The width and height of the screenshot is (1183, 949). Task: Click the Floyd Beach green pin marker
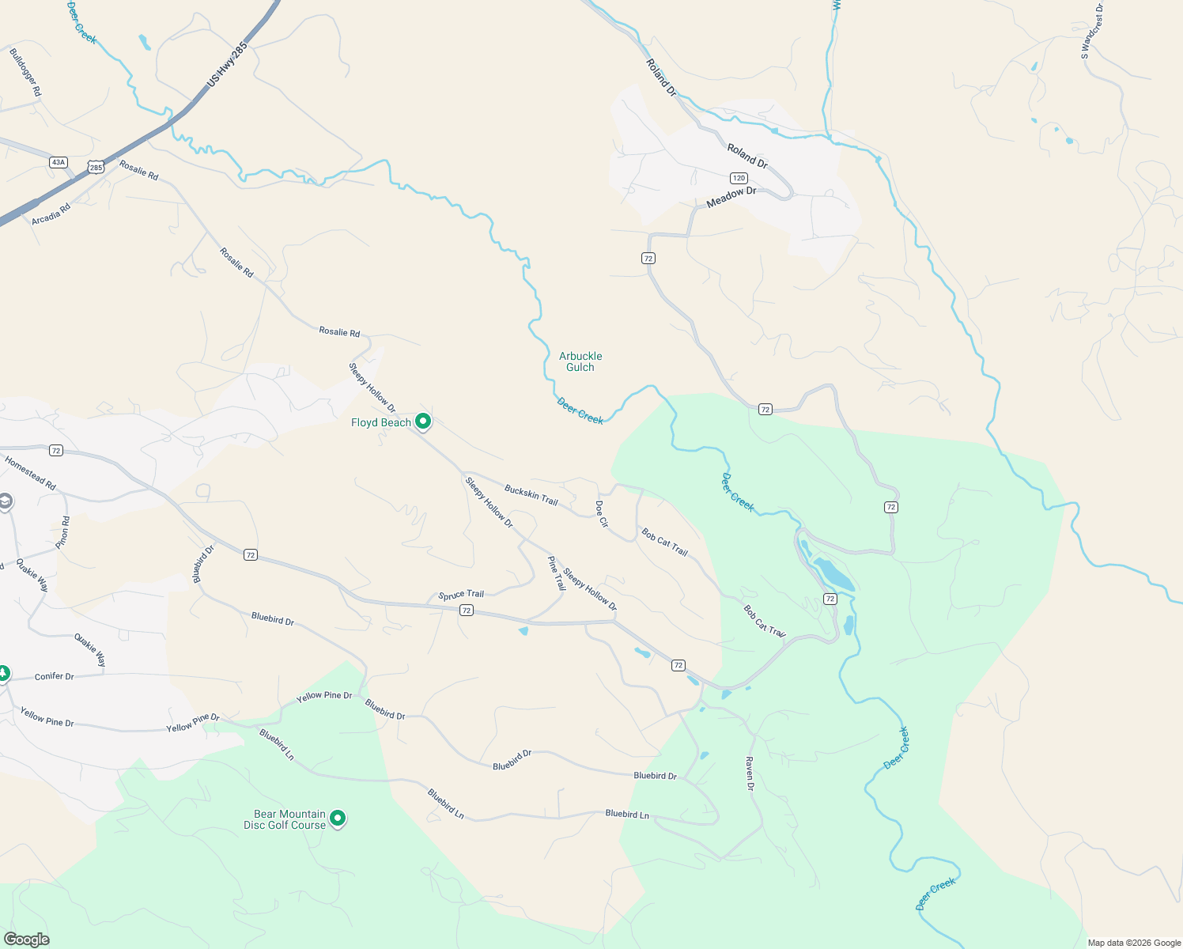coord(423,422)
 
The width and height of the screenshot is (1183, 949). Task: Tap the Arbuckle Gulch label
coord(580,361)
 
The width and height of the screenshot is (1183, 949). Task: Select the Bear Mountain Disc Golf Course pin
coord(338,819)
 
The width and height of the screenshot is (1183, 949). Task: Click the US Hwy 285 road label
coord(227,64)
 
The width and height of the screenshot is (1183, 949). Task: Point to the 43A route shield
coord(58,162)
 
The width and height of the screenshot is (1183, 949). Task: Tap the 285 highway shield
coord(96,167)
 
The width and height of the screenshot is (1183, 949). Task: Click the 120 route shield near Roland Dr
coord(739,178)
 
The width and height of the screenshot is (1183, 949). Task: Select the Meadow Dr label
coord(731,197)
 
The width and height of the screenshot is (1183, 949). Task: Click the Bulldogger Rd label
coord(25,73)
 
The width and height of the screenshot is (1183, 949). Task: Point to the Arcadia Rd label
coord(51,214)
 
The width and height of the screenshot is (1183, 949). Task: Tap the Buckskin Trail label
coord(531,496)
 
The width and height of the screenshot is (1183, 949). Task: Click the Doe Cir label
coord(602,514)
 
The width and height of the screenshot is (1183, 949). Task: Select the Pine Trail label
coord(557,573)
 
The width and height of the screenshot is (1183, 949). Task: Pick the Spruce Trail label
coord(461,595)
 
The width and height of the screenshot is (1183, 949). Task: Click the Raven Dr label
coord(750,773)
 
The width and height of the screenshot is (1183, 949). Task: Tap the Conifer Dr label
coord(55,677)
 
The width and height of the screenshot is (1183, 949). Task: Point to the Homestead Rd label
coord(30,473)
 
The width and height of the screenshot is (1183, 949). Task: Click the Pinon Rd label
coord(63,532)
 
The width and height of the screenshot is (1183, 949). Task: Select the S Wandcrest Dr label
coord(1092,32)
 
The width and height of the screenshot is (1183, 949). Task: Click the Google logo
coord(26,940)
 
